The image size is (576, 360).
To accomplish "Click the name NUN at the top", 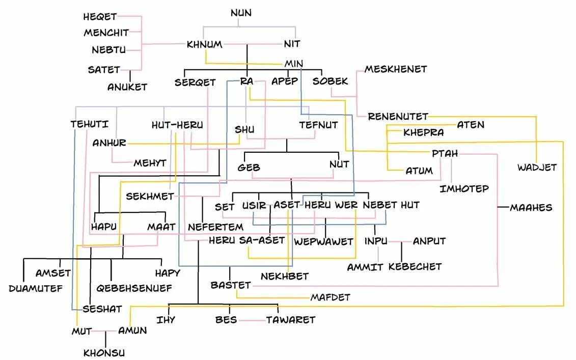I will pyautogui.click(x=241, y=13).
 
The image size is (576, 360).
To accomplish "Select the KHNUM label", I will pyautogui.click(x=205, y=44).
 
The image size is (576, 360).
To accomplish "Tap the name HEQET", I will pyautogui.click(x=100, y=17).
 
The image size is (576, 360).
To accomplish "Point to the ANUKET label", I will pyautogui.click(x=127, y=87).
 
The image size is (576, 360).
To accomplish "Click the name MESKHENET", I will pyautogui.click(x=395, y=69).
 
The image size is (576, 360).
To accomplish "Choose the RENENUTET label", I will pyautogui.click(x=398, y=117).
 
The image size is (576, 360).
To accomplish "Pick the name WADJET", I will pyautogui.click(x=537, y=167).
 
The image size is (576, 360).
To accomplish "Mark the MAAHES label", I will pyautogui.click(x=531, y=207).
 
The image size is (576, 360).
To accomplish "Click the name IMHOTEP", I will pyautogui.click(x=464, y=188).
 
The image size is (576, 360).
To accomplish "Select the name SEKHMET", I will pyautogui.click(x=150, y=196).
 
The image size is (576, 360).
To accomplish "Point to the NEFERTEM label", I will pyautogui.click(x=215, y=227).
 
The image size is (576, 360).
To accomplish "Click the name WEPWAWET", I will pyautogui.click(x=323, y=241).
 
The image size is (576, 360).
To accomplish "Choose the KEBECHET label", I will pyautogui.click(x=415, y=266).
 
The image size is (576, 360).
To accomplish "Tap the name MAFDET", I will pyautogui.click(x=330, y=297).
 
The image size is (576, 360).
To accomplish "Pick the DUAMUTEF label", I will pyautogui.click(x=36, y=288).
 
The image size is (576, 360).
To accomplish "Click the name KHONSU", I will pyautogui.click(x=104, y=352).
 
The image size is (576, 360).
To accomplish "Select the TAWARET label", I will pyautogui.click(x=291, y=320).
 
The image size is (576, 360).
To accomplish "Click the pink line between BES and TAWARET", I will pyautogui.click(x=252, y=320).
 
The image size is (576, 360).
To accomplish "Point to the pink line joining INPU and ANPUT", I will pyautogui.click(x=400, y=241).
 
